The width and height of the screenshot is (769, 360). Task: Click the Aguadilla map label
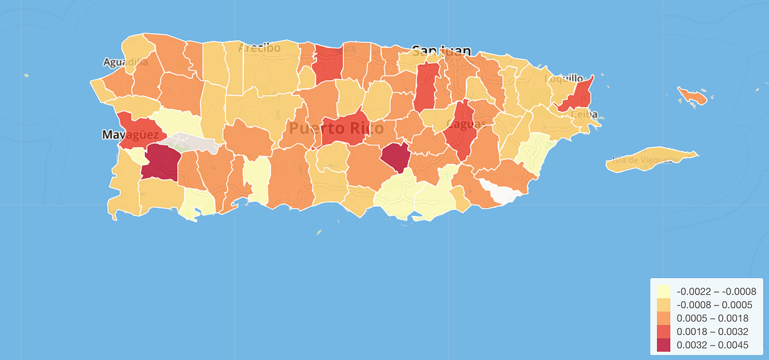(x=126, y=62)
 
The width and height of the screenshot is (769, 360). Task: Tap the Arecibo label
(x=259, y=48)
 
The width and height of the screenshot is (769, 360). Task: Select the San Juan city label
(x=442, y=51)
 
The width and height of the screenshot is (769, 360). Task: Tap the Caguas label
(x=466, y=123)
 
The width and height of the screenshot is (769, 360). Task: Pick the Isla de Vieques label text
(x=643, y=160)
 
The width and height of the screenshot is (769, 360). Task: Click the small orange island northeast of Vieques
(x=693, y=96)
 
